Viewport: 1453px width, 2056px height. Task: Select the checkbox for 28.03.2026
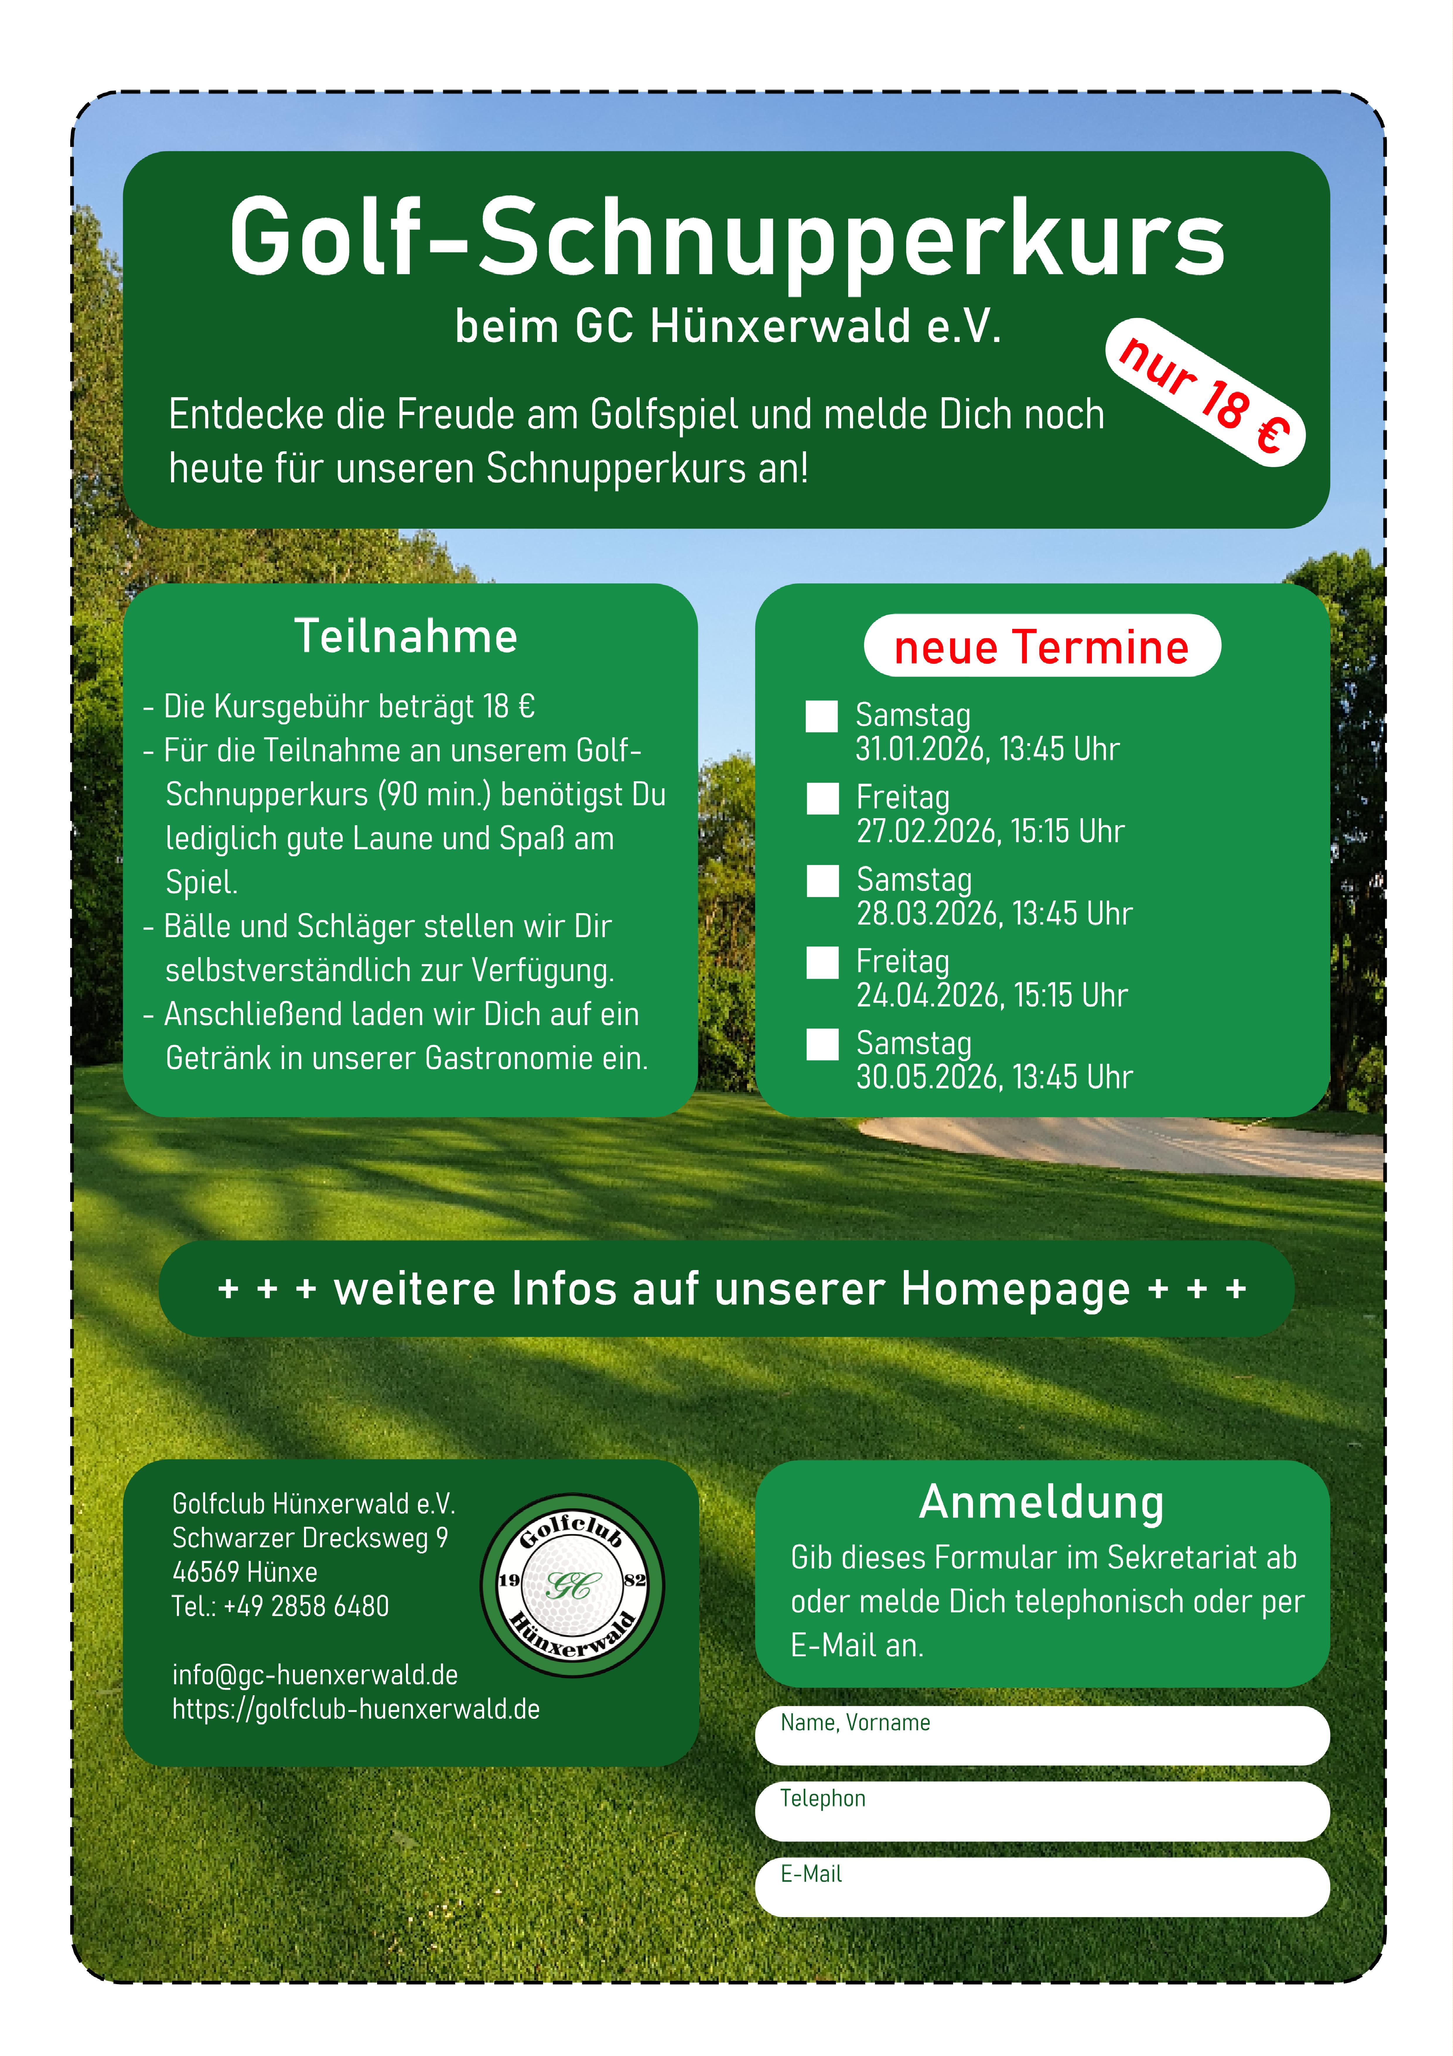822,880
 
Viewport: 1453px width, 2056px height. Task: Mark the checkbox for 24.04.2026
822,963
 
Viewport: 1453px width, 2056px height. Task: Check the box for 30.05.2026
822,1044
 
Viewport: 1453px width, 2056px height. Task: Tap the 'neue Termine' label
1041,646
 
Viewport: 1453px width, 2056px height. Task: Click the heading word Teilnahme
406,637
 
